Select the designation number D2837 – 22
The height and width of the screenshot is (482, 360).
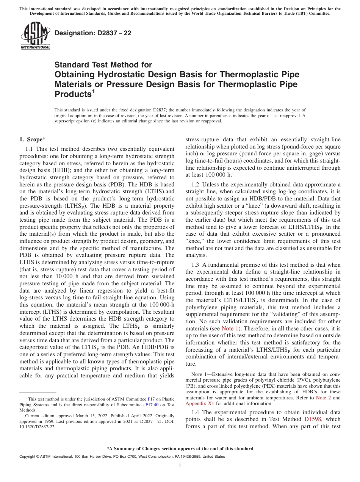click(x=93, y=33)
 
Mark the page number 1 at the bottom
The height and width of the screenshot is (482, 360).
click(x=180, y=466)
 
